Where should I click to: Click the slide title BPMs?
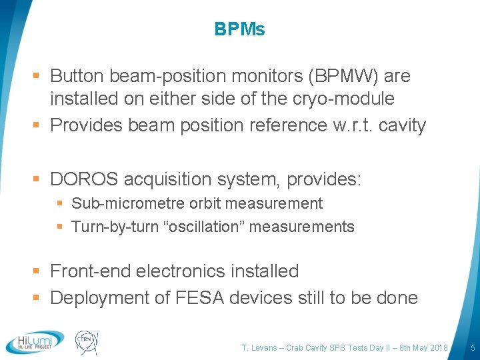click(239, 29)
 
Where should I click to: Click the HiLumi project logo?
click(35, 341)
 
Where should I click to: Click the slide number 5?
click(472, 347)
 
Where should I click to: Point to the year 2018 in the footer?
click(437, 347)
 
